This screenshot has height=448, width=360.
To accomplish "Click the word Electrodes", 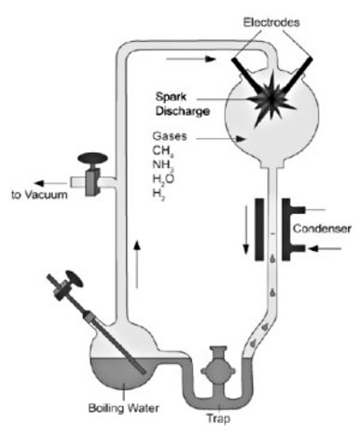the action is (x=271, y=22).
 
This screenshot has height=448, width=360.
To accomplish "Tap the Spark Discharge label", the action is (x=183, y=104).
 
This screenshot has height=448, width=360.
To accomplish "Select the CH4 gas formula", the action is (x=163, y=151).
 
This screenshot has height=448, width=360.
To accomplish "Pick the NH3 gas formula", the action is (x=163, y=165).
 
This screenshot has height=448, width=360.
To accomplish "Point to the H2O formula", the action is (x=163, y=179).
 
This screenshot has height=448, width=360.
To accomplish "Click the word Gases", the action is (x=170, y=136).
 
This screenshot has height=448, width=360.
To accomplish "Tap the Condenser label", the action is (x=322, y=229).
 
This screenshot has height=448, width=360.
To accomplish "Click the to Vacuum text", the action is (x=39, y=195).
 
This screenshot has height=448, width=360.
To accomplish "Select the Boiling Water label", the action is (x=124, y=408).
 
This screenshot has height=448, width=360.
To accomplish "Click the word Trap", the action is (x=218, y=418).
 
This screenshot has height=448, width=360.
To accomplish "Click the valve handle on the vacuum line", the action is (x=92, y=159).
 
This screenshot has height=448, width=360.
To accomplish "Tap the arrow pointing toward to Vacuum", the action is (x=50, y=183).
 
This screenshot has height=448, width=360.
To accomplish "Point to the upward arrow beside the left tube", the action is (x=137, y=264).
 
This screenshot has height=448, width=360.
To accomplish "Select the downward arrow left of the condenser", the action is (x=246, y=231).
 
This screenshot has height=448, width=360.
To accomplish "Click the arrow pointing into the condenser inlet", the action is (x=325, y=248).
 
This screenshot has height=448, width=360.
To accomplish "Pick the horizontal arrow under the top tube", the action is (x=191, y=59).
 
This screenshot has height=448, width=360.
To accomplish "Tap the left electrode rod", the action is (x=249, y=77).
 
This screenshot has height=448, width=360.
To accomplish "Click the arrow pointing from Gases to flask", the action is (x=220, y=139).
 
